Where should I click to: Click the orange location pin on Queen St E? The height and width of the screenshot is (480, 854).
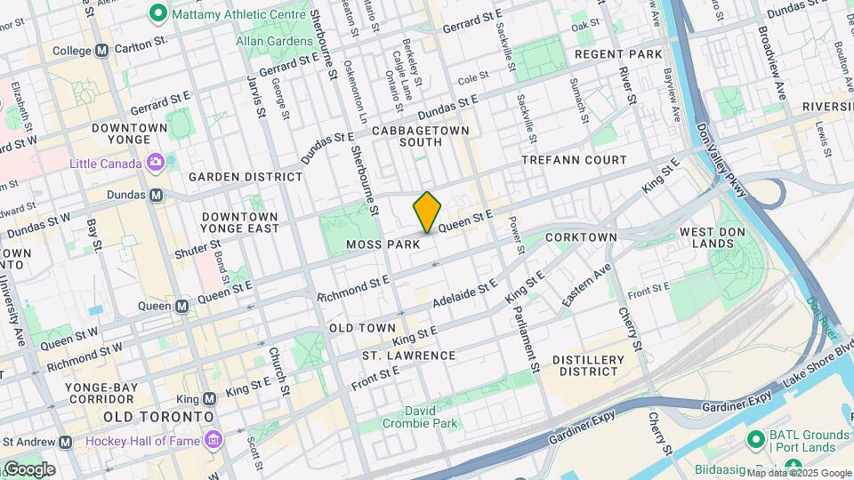[427, 212]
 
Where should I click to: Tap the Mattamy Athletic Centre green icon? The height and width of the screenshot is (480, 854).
[158, 12]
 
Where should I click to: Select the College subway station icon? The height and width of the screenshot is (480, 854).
[101, 51]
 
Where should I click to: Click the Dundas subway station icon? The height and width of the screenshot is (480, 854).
[157, 195]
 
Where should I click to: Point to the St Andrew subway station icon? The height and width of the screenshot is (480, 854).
[65, 442]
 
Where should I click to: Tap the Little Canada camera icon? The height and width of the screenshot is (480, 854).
[157, 163]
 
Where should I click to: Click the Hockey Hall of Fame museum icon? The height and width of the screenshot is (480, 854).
[213, 441]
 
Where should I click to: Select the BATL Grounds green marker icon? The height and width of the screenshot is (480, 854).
[757, 438]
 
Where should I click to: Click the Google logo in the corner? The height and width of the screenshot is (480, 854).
[28, 468]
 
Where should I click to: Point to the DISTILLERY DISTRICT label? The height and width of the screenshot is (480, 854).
[588, 365]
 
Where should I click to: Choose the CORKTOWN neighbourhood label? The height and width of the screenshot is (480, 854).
[581, 237]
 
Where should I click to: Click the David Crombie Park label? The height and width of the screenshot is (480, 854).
[419, 417]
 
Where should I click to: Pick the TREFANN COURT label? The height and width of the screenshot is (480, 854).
[574, 160]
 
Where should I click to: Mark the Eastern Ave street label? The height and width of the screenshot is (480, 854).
[586, 287]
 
